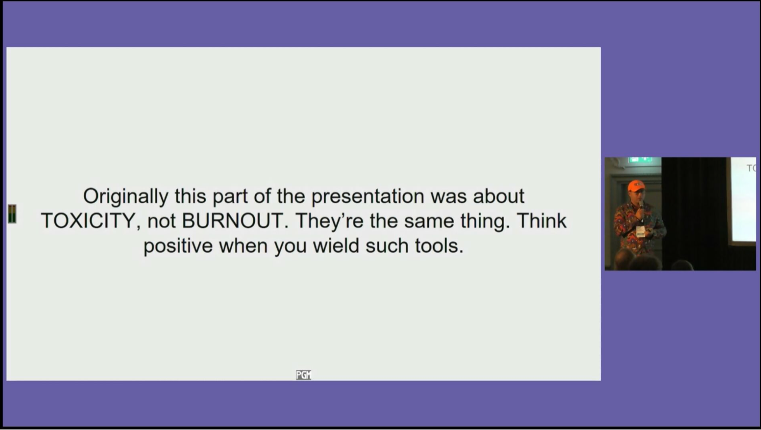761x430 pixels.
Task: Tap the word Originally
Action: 126,197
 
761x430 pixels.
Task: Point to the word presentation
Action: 368,197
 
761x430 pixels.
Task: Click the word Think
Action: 542,221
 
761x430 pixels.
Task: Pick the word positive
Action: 178,246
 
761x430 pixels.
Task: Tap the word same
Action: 429,221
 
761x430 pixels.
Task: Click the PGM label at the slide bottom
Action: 304,375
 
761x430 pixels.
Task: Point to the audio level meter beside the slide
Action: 12,214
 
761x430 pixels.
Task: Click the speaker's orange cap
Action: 636,185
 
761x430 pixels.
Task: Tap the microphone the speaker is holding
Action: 641,206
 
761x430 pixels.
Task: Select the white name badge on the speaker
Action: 641,231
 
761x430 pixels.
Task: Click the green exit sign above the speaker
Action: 640,160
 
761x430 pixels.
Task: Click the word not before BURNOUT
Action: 161,221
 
